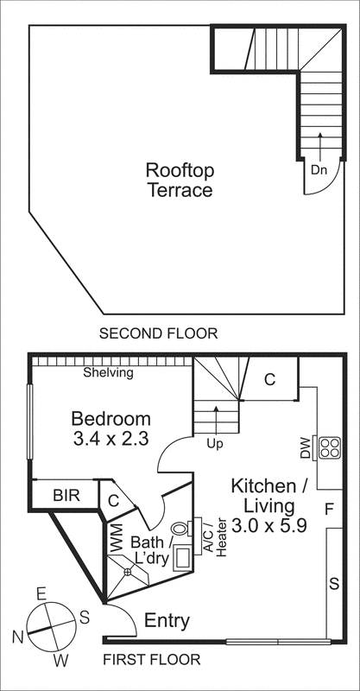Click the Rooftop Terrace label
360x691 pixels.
(x=179, y=180)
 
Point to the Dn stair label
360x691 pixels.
(x=319, y=170)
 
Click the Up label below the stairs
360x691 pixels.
(x=216, y=443)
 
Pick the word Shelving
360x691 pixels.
(x=108, y=373)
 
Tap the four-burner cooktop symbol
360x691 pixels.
(x=330, y=447)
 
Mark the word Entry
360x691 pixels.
(x=167, y=620)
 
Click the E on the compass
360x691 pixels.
(x=40, y=593)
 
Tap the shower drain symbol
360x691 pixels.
(x=127, y=571)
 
